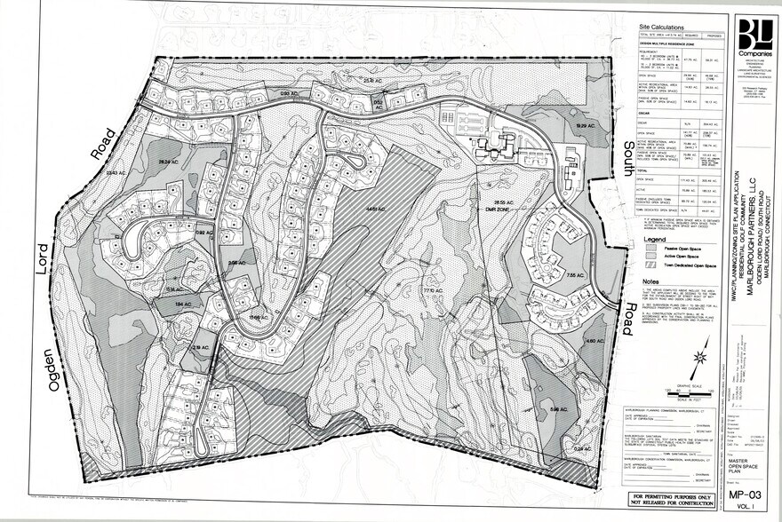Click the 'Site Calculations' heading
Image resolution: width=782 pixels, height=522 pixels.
[x=662, y=28]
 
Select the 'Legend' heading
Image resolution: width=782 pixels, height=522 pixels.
[x=655, y=240]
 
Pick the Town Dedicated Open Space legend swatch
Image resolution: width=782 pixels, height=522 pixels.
[x=650, y=265]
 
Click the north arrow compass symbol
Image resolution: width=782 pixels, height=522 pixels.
[x=699, y=362]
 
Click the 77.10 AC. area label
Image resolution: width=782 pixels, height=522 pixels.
[x=432, y=290]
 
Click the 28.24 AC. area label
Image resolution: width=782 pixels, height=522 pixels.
[x=169, y=162]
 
